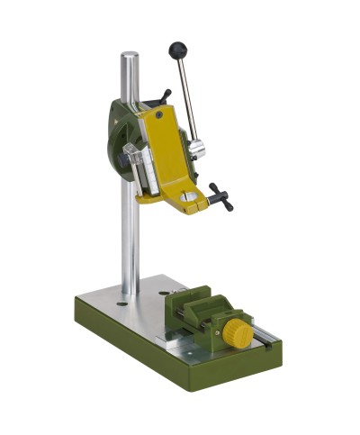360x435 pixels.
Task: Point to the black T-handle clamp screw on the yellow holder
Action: [x=220, y=195]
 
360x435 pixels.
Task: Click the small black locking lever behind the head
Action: [x=164, y=95]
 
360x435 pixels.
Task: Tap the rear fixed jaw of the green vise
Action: [x=192, y=298]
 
